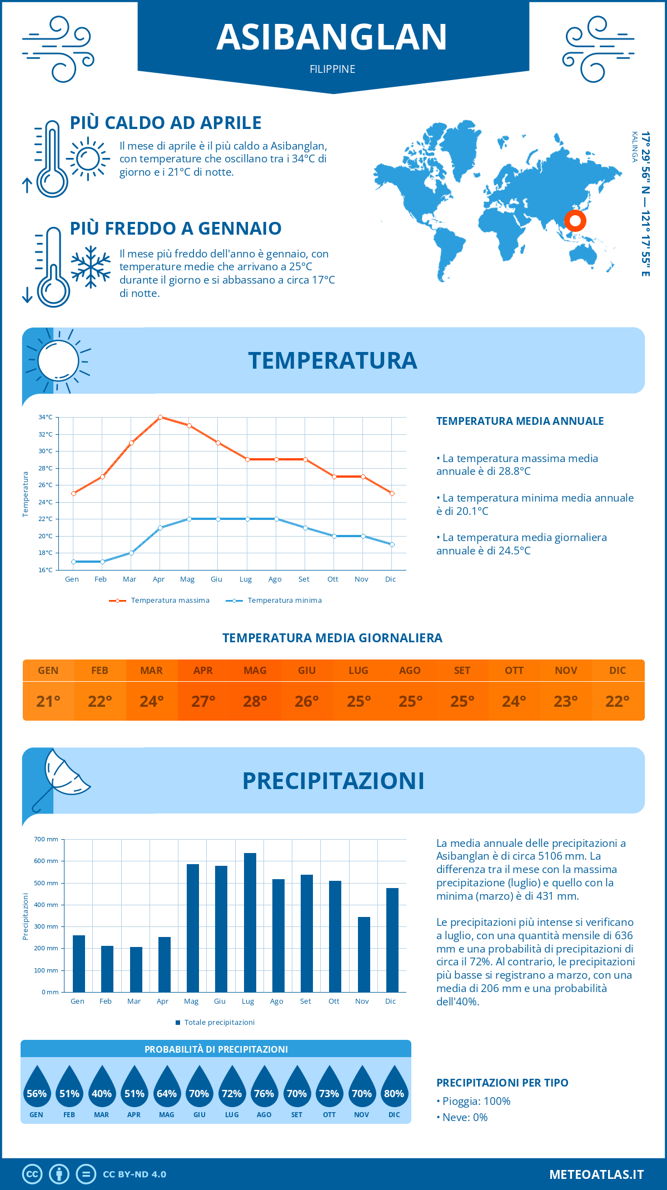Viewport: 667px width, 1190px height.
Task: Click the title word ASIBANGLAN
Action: coord(332,37)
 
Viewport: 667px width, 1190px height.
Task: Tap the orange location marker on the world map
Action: coord(575,221)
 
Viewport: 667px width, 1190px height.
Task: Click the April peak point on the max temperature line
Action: coord(160,417)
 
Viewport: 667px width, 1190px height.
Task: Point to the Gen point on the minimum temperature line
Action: coord(73,562)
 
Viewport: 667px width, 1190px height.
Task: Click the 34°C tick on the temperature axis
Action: coord(46,417)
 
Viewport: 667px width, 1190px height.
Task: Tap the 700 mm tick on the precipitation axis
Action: coord(47,839)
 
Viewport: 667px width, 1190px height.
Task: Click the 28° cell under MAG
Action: coord(255,701)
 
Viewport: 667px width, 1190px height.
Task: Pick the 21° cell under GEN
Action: coord(48,701)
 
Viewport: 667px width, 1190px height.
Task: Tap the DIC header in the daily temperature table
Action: coord(618,671)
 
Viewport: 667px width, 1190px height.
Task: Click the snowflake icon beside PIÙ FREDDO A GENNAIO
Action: coord(91,267)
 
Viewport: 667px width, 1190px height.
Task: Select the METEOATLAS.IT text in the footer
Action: coord(596,1174)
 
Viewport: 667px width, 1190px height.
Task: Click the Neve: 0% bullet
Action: coord(465,1117)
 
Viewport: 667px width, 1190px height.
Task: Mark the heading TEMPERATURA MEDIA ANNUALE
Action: coord(520,421)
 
